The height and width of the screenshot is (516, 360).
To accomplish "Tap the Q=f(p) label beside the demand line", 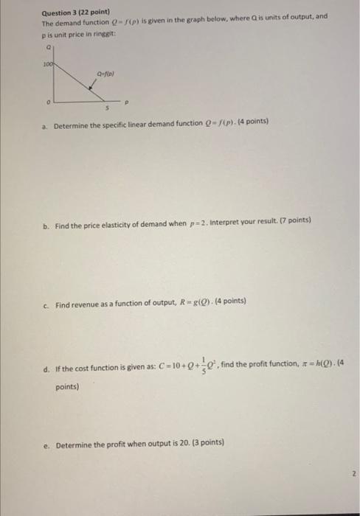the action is point(103,74).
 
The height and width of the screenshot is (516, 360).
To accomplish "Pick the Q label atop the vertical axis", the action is point(49,45).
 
